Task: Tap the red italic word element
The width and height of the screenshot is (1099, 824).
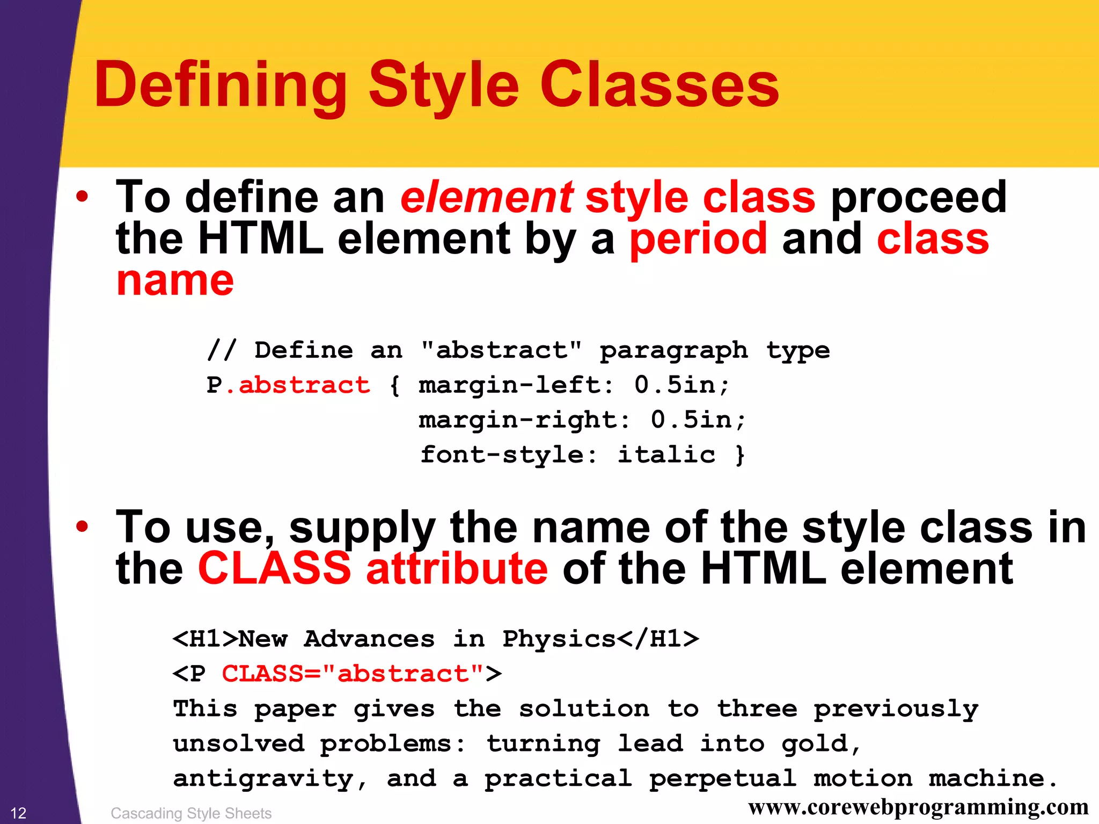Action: click(486, 198)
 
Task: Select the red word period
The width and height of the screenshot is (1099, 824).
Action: click(698, 240)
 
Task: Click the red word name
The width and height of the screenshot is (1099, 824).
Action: click(175, 281)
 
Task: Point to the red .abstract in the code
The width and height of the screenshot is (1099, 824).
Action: click(298, 385)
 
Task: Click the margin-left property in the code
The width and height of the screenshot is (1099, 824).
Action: click(515, 385)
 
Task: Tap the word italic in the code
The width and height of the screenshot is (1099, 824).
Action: click(666, 455)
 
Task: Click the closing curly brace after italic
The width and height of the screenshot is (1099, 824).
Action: click(740, 455)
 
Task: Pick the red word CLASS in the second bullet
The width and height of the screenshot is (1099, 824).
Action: click(274, 568)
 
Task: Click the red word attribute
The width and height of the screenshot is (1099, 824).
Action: click(457, 568)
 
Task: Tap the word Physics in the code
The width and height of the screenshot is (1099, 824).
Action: click(558, 639)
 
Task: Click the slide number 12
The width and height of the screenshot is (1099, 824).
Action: click(18, 813)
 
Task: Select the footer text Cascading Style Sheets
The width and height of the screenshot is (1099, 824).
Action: click(191, 813)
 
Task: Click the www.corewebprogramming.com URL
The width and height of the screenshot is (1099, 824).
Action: click(918, 807)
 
